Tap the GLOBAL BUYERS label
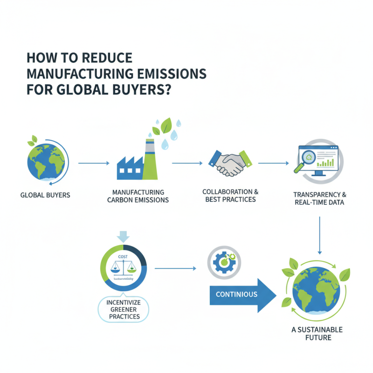click(45, 194)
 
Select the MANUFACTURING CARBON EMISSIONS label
click(138, 196)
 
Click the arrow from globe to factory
click(93, 163)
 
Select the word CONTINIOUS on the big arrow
click(236, 294)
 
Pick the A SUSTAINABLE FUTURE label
click(317, 333)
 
